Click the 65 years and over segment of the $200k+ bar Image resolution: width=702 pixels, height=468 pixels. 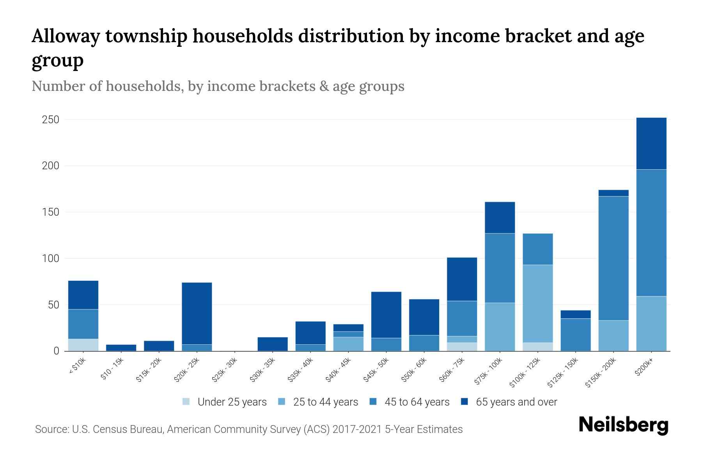click(x=651, y=143)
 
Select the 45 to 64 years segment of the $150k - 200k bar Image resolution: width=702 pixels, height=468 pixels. click(x=613, y=258)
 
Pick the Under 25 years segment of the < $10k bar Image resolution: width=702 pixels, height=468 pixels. click(x=83, y=345)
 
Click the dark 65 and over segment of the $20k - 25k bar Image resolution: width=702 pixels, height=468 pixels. click(x=197, y=313)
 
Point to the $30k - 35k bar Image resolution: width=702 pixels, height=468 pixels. click(x=273, y=344)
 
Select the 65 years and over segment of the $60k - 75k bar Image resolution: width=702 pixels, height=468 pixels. click(x=462, y=279)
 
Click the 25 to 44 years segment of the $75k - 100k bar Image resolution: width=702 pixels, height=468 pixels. click(x=500, y=326)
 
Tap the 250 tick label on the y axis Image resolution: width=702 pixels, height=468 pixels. click(x=50, y=120)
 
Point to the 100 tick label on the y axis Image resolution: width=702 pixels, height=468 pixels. click(x=50, y=259)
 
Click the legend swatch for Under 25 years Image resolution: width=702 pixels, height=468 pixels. click(x=186, y=402)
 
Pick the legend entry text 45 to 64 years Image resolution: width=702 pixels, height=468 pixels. click(x=417, y=402)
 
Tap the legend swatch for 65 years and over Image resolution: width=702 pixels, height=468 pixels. click(x=464, y=402)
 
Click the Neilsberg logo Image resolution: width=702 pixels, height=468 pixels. click(x=623, y=425)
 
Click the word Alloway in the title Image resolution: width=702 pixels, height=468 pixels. click(x=64, y=36)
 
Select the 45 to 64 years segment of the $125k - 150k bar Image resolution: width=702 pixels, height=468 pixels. click(x=575, y=335)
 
